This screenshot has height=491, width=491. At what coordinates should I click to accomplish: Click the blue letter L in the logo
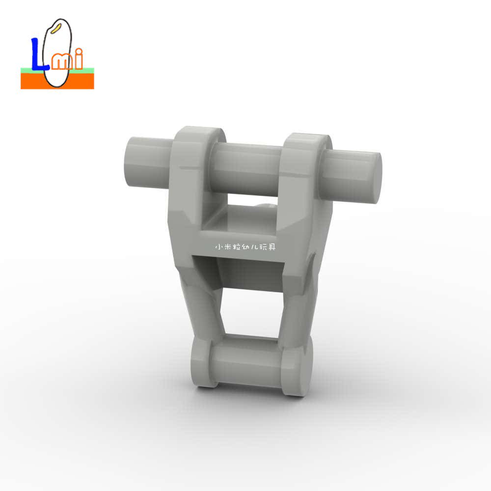click(38, 56)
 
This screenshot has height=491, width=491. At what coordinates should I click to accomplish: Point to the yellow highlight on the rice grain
click(56, 28)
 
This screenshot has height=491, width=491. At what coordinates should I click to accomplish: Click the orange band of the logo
click(57, 81)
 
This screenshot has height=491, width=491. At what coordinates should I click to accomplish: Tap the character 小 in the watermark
click(219, 247)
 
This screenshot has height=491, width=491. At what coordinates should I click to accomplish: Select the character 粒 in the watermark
click(237, 247)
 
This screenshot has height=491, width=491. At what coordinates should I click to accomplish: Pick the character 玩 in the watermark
click(263, 247)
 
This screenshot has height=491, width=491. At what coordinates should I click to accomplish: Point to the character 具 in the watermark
click(272, 247)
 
